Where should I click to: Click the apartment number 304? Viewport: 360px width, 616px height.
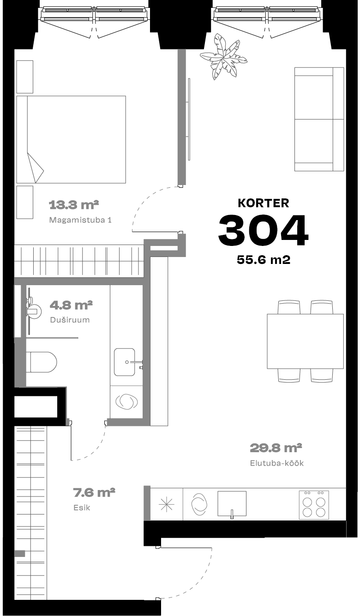click(x=263, y=230)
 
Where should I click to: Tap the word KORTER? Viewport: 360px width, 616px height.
click(x=263, y=203)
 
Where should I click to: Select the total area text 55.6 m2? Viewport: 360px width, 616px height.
click(x=264, y=260)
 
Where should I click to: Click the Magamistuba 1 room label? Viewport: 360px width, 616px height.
click(x=80, y=220)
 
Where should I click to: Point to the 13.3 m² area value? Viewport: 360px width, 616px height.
click(x=74, y=205)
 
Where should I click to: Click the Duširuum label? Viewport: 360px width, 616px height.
click(x=70, y=320)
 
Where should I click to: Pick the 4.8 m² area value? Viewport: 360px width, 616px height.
click(x=71, y=305)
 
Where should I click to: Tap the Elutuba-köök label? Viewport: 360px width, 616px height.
click(x=276, y=463)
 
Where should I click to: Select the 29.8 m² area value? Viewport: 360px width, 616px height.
click(x=276, y=448)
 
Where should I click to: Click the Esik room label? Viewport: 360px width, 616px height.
click(x=82, y=508)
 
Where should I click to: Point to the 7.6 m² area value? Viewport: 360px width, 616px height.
click(x=94, y=492)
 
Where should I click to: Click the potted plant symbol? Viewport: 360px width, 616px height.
click(x=223, y=57)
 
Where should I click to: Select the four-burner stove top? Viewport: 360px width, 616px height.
click(x=314, y=505)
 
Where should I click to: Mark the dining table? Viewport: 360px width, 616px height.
click(x=305, y=341)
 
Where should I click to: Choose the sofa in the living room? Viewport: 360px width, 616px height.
click(x=319, y=119)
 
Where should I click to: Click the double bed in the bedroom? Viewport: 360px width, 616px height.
click(x=71, y=139)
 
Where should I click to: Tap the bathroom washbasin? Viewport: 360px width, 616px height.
click(x=125, y=362)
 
